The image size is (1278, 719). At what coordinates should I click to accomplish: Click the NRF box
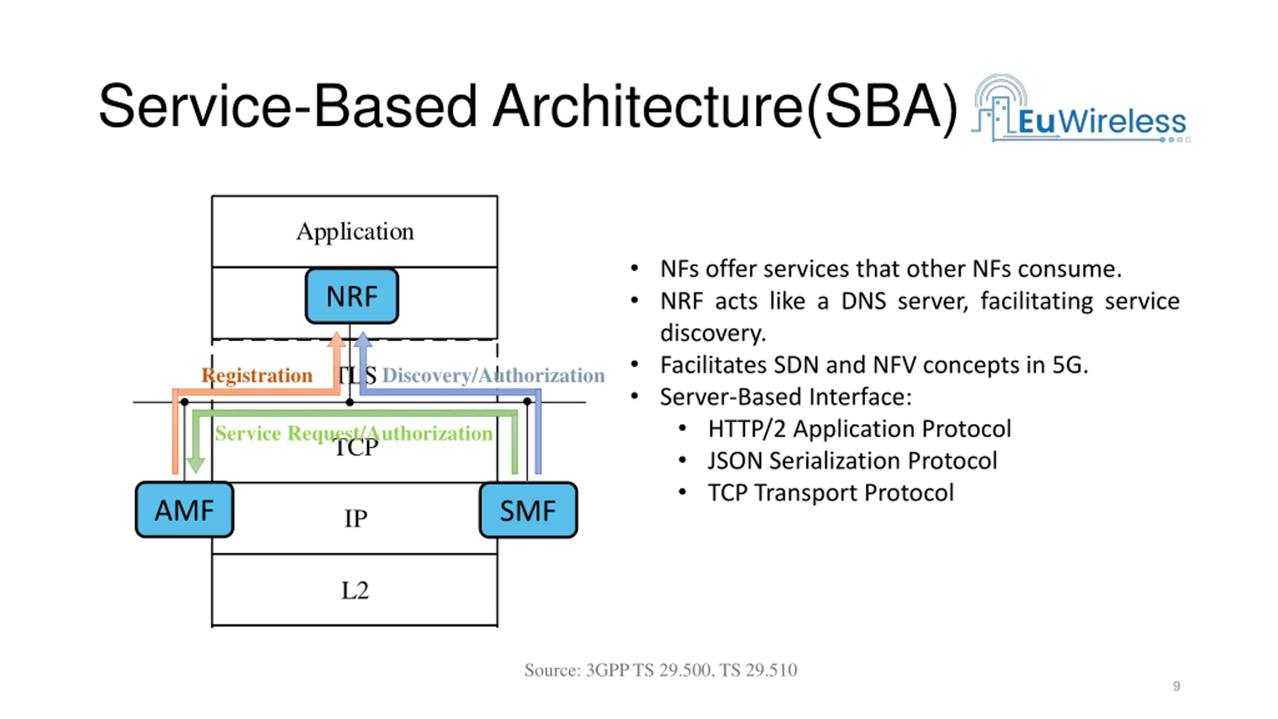point(352,296)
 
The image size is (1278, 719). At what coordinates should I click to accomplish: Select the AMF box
point(184,510)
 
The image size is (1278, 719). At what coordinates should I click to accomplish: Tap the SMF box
point(528,510)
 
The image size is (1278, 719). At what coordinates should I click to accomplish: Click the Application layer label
point(355,232)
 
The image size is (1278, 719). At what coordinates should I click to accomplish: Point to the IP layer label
point(355,518)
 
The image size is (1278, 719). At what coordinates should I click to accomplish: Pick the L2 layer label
point(355,590)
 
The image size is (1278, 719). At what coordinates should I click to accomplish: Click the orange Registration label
point(257,375)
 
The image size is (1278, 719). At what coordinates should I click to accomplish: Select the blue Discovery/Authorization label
point(493,375)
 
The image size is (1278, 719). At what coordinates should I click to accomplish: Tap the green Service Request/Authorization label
point(353,433)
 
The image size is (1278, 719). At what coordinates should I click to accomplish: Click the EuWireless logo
point(1081,109)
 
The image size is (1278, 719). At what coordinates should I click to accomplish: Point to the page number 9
point(1177,686)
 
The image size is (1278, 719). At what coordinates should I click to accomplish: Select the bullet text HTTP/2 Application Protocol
point(860,429)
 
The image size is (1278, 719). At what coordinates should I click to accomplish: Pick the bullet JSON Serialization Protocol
point(853,461)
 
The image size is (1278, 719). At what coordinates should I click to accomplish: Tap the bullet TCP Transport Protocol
point(831,493)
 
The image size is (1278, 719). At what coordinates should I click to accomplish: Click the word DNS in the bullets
point(864,301)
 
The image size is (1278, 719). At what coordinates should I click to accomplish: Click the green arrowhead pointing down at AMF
point(195,465)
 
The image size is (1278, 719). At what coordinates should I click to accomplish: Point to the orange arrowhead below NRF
point(336,340)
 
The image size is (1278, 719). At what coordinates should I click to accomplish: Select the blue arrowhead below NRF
point(363,340)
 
